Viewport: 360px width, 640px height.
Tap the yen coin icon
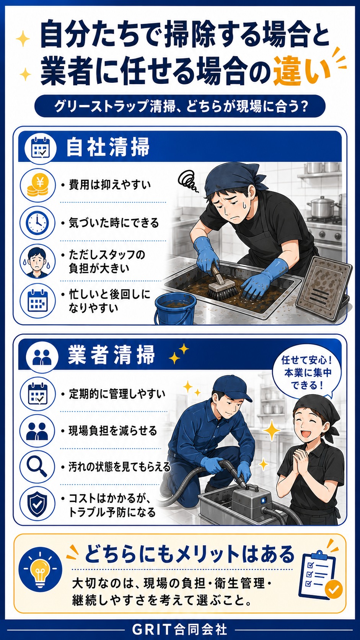[x=38, y=185]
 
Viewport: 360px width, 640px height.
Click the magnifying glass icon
[x=37, y=467]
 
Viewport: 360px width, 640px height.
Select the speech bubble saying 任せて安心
[x=306, y=373]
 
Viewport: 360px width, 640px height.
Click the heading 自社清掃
[x=108, y=147]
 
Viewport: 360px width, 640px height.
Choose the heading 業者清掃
[x=111, y=355]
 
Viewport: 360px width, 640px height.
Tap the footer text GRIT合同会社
[x=180, y=629]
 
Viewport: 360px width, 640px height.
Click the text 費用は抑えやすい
[x=110, y=185]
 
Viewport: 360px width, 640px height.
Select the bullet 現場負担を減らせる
[x=112, y=431]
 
